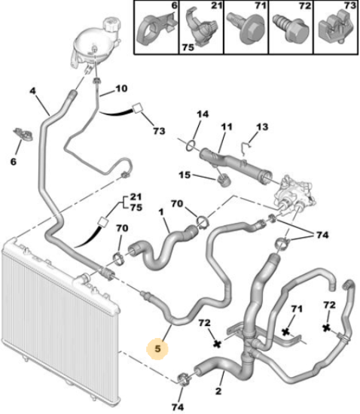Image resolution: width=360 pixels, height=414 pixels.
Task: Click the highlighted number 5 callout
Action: pos(157,349)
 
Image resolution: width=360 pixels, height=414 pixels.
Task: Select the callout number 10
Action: pos(121,89)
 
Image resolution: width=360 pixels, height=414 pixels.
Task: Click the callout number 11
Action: pos(227,126)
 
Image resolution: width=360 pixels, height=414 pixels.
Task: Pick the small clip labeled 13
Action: pos(246,148)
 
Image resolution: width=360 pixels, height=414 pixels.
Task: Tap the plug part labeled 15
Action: pos(224,181)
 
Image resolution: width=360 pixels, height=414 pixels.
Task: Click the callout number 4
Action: pos(32,91)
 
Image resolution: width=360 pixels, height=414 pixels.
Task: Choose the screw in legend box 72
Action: pos(291,30)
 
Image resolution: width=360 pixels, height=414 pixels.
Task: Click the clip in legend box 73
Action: pos(336,29)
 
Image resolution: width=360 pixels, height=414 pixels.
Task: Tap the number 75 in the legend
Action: pos(188,47)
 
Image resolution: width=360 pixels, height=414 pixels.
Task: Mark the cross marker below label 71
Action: pos(285,332)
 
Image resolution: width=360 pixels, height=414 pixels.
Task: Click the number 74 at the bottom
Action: pos(178,407)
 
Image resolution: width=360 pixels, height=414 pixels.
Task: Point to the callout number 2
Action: pos(218,391)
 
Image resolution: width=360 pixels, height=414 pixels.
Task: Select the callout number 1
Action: pos(161,212)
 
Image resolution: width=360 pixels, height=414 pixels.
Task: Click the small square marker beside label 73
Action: pos(137,108)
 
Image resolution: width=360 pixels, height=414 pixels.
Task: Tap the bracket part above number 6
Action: pos(23,133)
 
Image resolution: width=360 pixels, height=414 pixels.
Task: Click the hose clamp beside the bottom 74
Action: pos(185,379)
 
